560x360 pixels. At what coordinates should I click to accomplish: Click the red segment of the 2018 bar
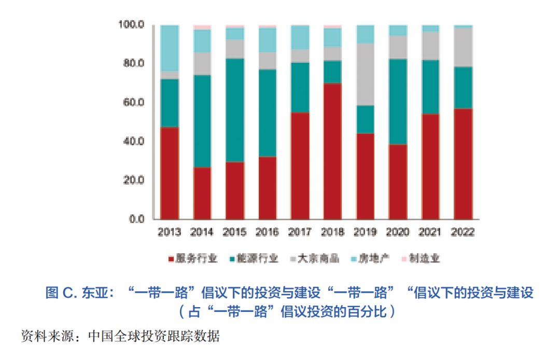coord(333,150)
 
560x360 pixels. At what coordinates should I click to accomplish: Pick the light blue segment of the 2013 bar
coord(170,48)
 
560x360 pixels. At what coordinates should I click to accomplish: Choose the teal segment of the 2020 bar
coord(398,102)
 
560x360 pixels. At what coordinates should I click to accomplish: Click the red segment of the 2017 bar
coord(300,165)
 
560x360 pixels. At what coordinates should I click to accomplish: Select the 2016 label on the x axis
coord(268,232)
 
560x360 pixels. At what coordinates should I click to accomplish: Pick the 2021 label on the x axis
coord(430,232)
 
